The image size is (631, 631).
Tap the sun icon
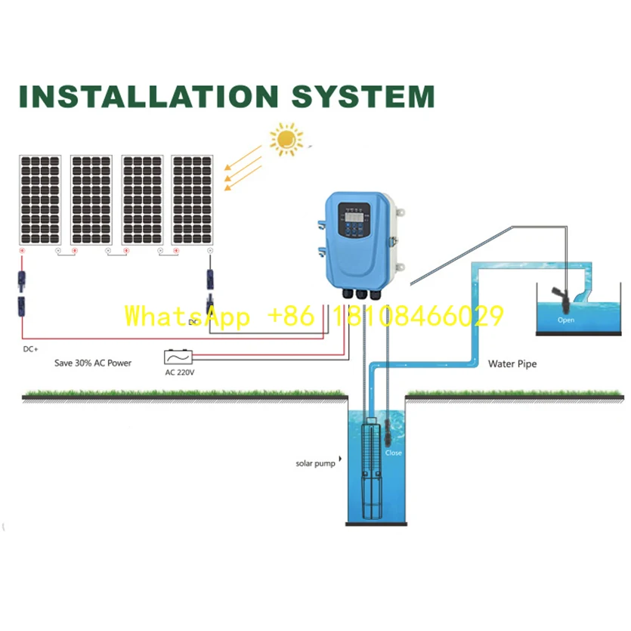point(286,141)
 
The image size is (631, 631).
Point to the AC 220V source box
point(180,356)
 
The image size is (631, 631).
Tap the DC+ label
point(31,350)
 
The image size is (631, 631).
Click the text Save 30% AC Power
point(93,363)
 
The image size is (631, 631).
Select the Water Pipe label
point(512,363)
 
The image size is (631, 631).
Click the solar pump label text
point(315,462)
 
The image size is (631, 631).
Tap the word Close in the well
point(394,453)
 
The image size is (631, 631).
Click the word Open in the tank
point(565,320)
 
